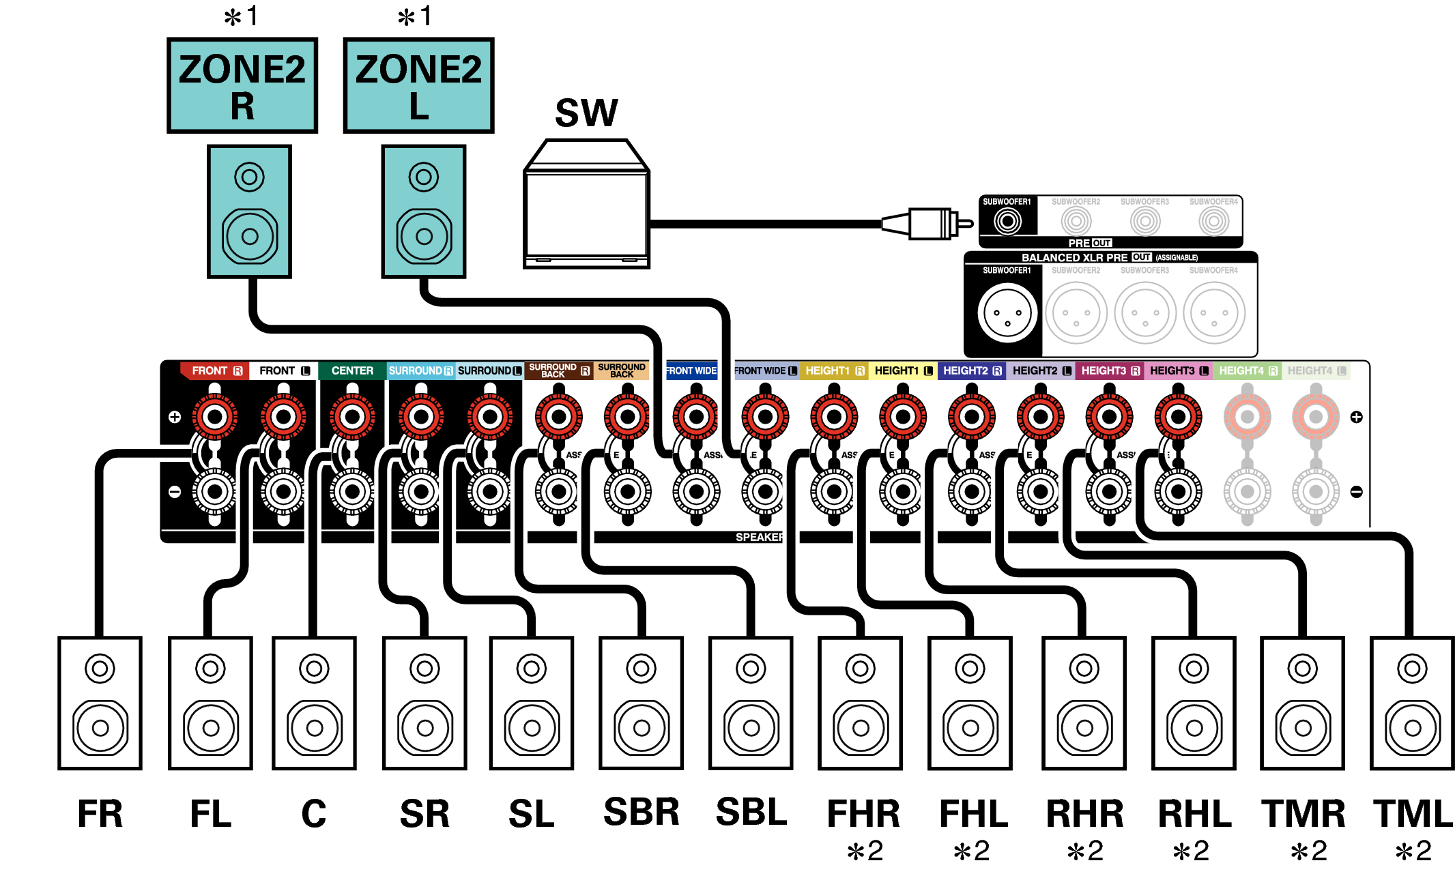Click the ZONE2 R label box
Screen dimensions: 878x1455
242,85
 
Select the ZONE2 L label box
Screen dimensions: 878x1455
418,85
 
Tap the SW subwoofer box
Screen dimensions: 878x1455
586,205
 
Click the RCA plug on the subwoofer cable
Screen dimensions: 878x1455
928,223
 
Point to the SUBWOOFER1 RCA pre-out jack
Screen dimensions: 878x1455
1007,220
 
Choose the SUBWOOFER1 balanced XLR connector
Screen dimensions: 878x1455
1007,313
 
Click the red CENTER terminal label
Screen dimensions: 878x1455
352,370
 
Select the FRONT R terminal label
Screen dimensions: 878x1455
216,370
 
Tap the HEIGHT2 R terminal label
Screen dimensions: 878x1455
972,370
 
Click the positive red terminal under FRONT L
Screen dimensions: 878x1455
283,416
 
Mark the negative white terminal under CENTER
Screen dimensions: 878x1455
352,491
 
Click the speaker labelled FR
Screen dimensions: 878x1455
100,703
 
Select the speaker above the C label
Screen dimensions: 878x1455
314,703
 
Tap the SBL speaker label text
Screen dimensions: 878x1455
751,812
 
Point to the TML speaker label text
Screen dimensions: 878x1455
1413,813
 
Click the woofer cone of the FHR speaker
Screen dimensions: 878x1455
861,728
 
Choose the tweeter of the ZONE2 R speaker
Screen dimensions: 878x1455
249,177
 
